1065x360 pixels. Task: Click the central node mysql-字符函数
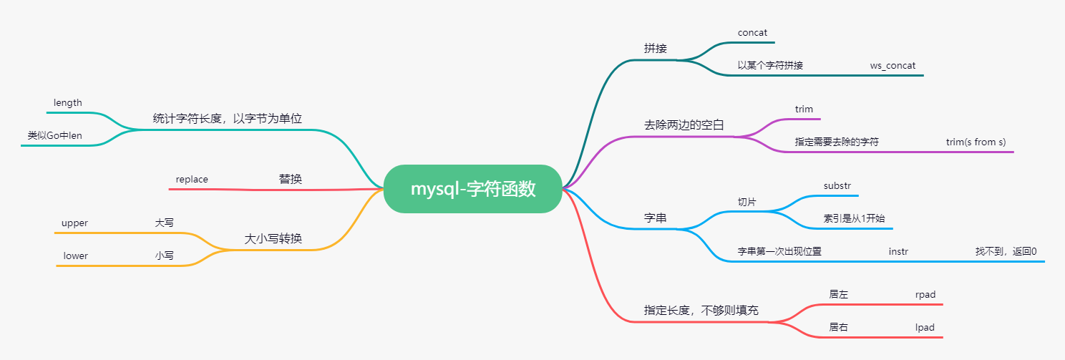click(x=472, y=189)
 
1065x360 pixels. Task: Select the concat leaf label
click(x=752, y=33)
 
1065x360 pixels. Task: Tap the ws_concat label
click(x=893, y=65)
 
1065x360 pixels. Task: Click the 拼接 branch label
click(x=655, y=49)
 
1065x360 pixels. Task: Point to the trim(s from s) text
click(x=976, y=142)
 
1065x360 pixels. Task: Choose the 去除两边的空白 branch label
click(x=684, y=125)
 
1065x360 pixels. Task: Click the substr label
click(x=837, y=185)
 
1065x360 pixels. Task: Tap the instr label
click(x=899, y=251)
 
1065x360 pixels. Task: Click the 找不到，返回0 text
click(x=1006, y=251)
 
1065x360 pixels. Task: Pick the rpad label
click(x=925, y=294)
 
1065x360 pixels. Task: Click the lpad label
click(x=925, y=327)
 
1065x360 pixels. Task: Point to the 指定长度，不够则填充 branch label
click(x=701, y=311)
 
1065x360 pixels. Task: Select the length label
click(x=68, y=103)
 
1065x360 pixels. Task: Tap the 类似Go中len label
click(x=55, y=135)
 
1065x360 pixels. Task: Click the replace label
click(x=192, y=179)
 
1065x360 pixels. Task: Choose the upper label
click(x=74, y=223)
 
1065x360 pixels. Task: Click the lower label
click(x=76, y=256)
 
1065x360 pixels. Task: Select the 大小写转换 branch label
click(x=273, y=239)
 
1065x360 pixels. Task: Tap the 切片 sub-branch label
click(x=747, y=202)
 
